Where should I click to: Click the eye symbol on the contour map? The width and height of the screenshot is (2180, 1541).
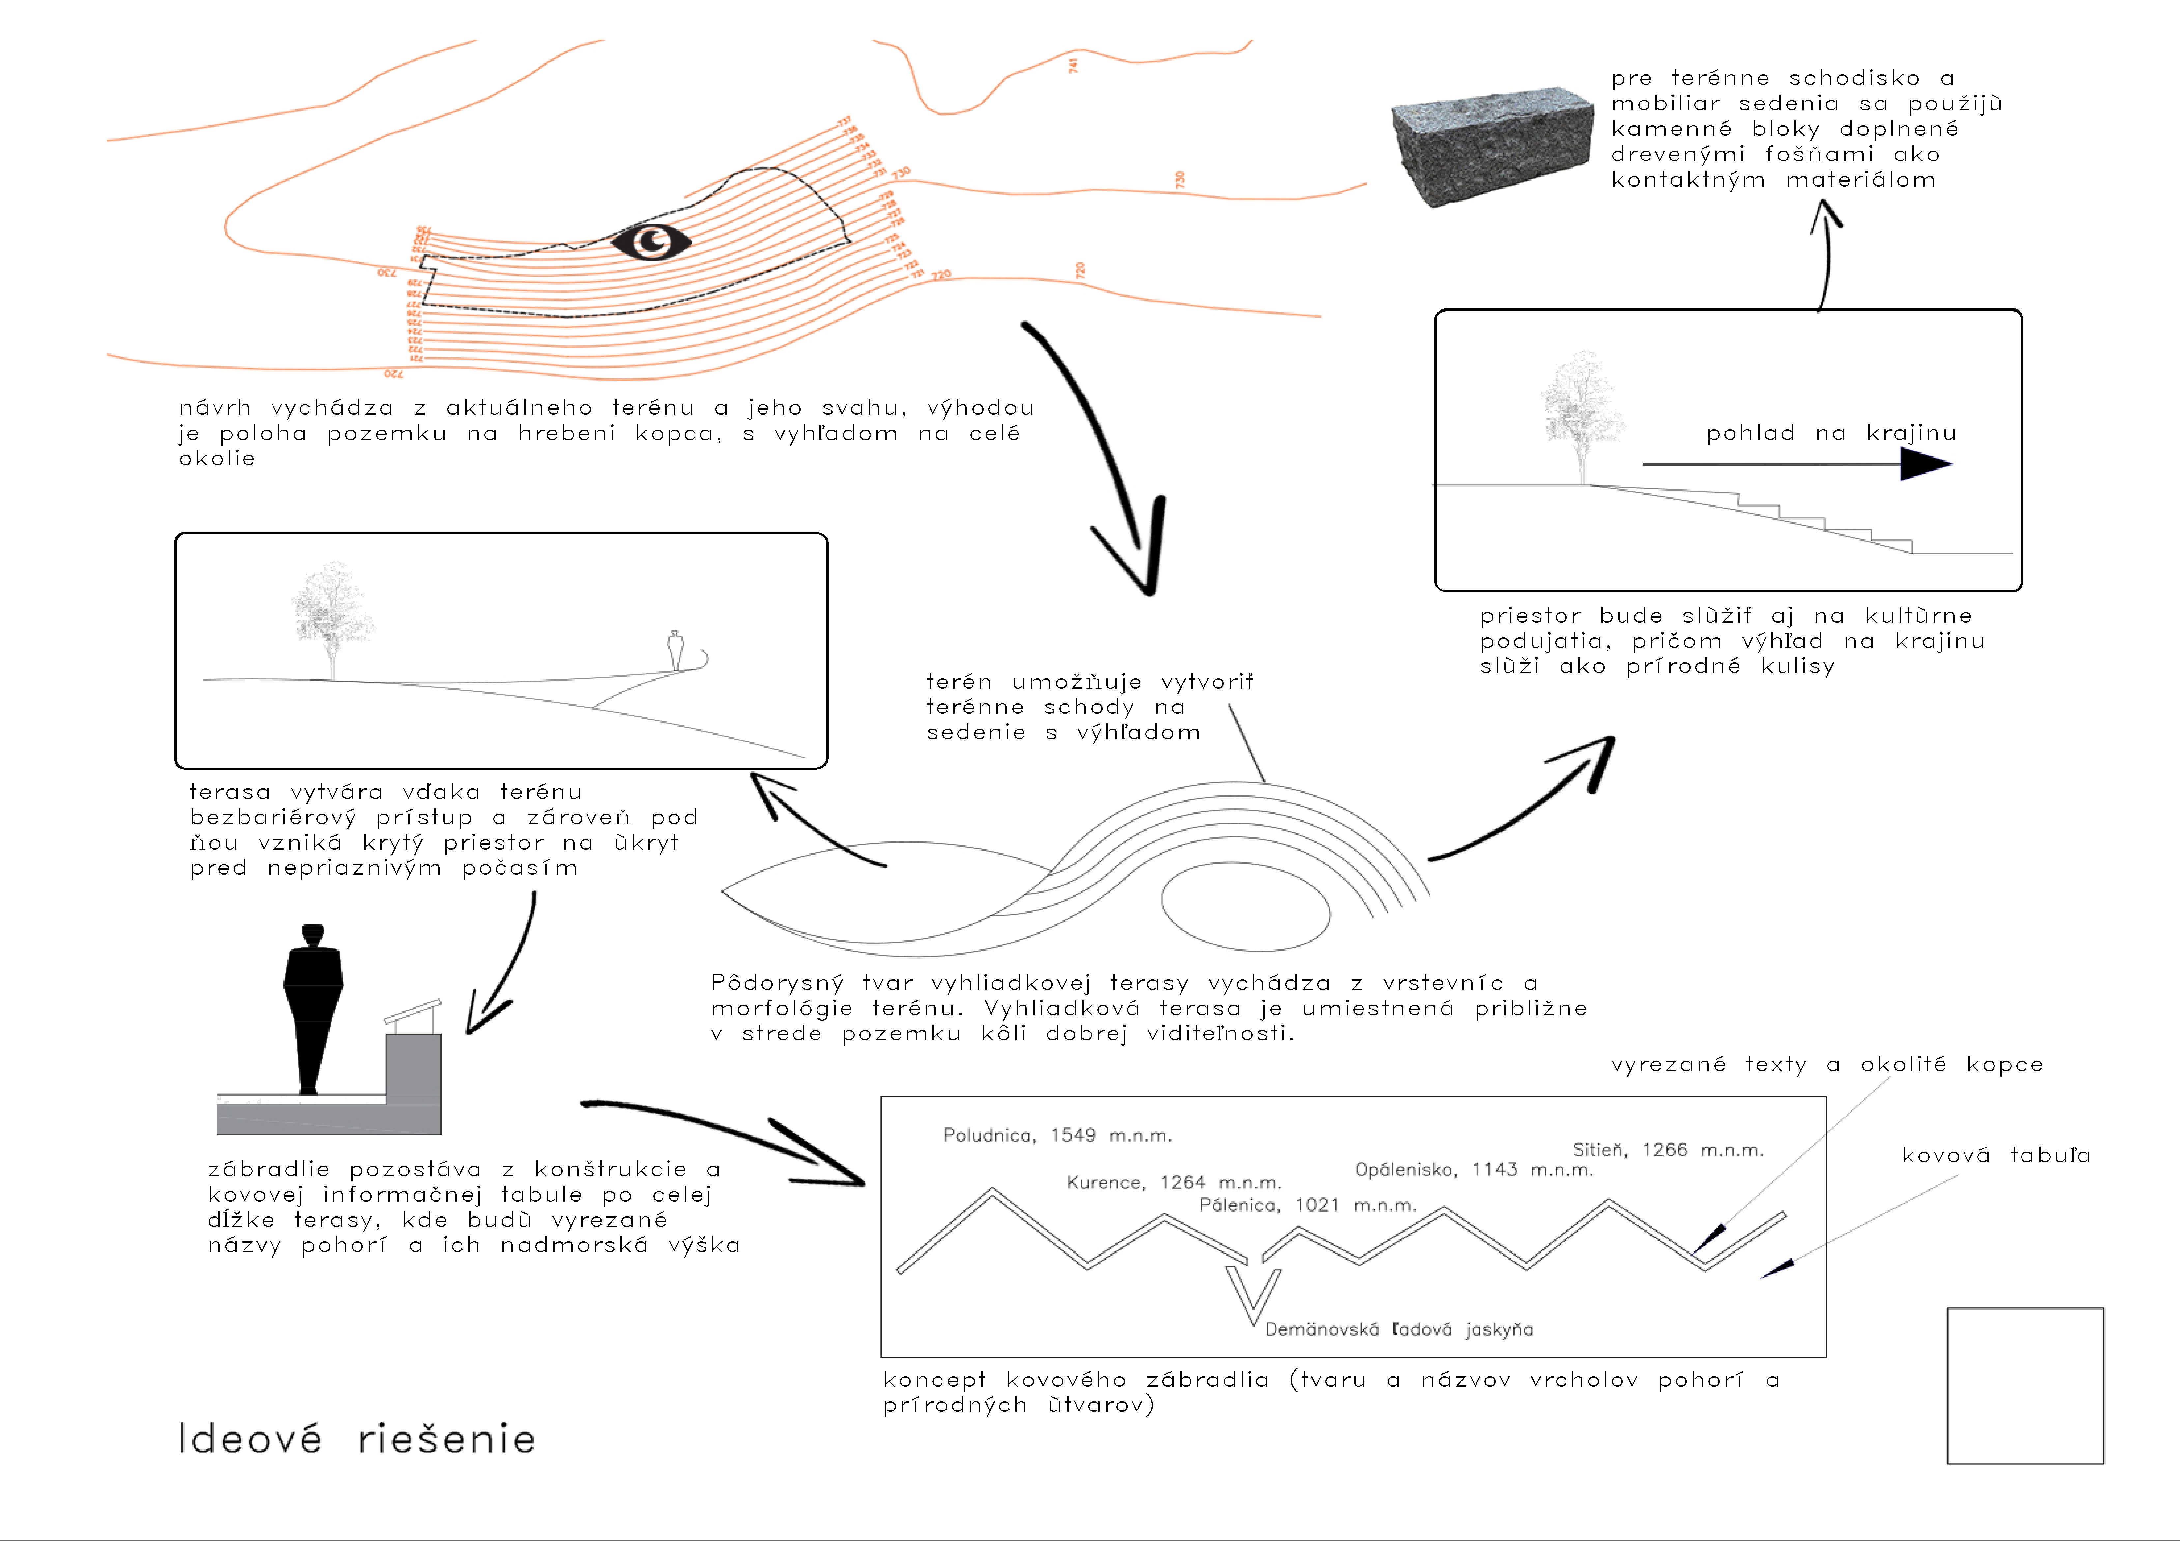(651, 242)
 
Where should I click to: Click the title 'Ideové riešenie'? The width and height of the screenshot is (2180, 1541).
(357, 1439)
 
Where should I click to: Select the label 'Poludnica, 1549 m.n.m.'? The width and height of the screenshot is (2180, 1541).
(1057, 1136)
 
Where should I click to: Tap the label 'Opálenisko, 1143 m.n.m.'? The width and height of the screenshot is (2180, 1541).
(1474, 1170)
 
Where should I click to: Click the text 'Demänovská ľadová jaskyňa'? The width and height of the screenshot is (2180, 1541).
(1398, 1329)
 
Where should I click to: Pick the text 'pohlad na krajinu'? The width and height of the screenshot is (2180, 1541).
(1831, 434)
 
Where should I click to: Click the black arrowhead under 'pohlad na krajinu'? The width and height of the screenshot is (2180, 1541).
(1925, 464)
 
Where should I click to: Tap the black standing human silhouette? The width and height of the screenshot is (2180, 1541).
(312, 1006)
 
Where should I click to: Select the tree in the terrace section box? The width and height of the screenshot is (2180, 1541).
(331, 612)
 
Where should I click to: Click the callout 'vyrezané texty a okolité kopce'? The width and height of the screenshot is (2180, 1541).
(1827, 1064)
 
